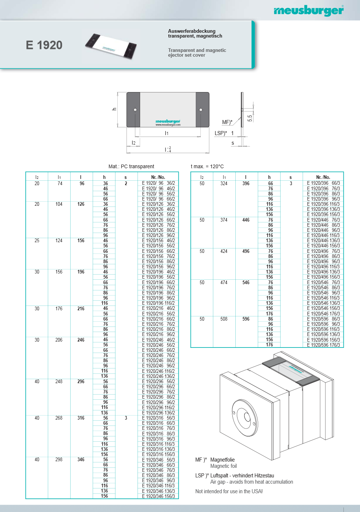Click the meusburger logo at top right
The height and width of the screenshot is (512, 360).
pyautogui.click(x=309, y=10)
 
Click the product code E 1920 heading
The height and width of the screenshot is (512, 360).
pyautogui.click(x=44, y=45)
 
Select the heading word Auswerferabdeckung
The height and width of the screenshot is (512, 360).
pyautogui.click(x=192, y=31)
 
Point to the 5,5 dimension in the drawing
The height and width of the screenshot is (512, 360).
pyautogui.click(x=250, y=118)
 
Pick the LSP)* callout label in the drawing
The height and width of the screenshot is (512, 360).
pyautogui.click(x=221, y=133)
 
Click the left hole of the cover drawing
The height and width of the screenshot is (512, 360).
pyautogui.click(x=135, y=110)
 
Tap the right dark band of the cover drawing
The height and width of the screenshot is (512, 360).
pyautogui.click(x=203, y=109)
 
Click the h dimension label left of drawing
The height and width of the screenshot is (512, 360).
pyautogui.click(x=114, y=109)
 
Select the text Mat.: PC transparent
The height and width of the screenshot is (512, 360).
pyautogui.click(x=131, y=166)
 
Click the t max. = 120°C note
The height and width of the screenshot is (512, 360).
pyautogui.click(x=207, y=166)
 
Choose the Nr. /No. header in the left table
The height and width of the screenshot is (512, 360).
pyautogui.click(x=158, y=177)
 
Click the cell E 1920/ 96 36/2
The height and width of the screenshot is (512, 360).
pyautogui.click(x=158, y=183)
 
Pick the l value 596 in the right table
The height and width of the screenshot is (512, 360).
pyautogui.click(x=246, y=319)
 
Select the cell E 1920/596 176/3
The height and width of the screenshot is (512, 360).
pyautogui.click(x=323, y=345)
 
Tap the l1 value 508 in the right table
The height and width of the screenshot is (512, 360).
pyautogui.click(x=224, y=319)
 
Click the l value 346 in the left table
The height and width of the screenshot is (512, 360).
pyautogui.click(x=81, y=459)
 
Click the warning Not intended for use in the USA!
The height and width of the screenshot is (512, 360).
pyautogui.click(x=229, y=491)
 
